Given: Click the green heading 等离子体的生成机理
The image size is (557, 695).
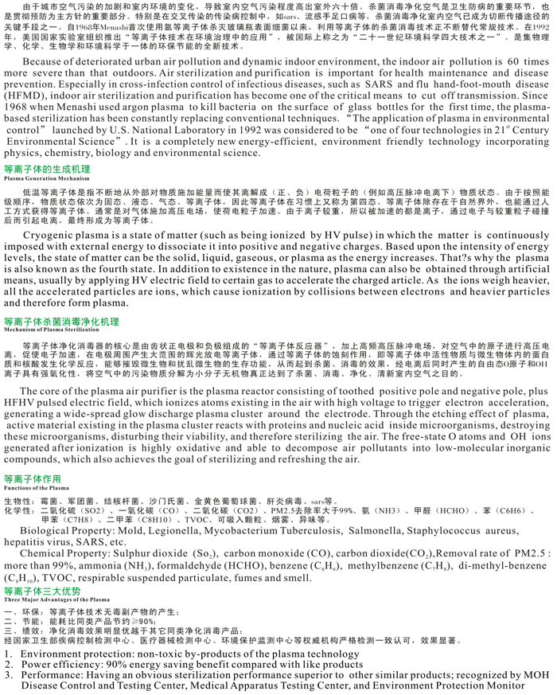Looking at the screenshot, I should pyautogui.click(x=47, y=170).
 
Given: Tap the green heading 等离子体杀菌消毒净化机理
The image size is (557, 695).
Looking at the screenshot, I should pyautogui.click(x=61, y=321).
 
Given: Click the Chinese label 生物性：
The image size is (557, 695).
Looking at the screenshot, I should pyautogui.click(x=21, y=501).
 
